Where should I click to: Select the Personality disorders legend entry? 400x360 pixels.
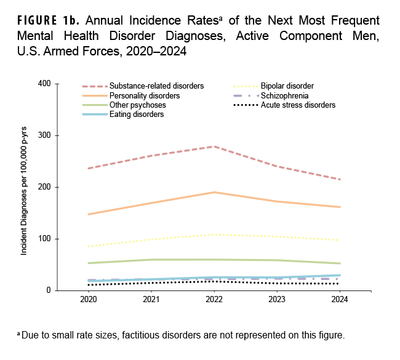coord(145,96)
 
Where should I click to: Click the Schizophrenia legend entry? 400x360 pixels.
coord(282,96)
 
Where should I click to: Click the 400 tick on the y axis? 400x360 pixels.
coord(44,84)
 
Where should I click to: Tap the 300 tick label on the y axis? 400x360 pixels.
coord(44,135)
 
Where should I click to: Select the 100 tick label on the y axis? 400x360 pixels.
coord(44,239)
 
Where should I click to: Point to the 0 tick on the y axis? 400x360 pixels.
coord(48,290)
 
